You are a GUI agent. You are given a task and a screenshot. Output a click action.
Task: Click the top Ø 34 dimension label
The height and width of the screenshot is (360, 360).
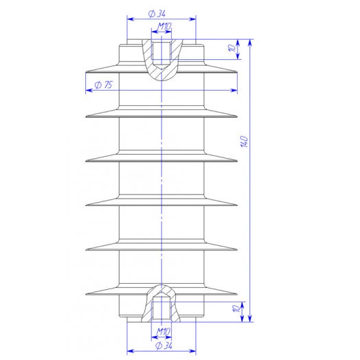click(x=157, y=14)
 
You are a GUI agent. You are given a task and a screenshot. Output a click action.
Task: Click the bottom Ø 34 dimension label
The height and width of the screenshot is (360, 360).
click(x=164, y=346)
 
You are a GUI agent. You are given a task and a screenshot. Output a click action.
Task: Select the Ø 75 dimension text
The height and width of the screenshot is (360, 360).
click(x=104, y=85)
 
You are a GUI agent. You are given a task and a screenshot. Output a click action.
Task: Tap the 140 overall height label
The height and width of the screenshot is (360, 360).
click(x=245, y=142)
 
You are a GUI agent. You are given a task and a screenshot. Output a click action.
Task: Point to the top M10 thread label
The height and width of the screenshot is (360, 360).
click(x=164, y=27)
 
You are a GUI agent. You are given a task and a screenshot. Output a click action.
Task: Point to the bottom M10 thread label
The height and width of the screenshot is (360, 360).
click(x=164, y=332)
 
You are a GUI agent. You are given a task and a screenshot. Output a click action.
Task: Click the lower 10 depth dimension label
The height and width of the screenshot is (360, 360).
click(x=236, y=308)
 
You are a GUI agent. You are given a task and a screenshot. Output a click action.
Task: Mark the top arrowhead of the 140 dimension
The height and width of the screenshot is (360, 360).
click(x=250, y=42)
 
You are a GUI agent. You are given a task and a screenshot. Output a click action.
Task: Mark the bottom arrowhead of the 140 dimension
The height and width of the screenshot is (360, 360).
click(x=250, y=319)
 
